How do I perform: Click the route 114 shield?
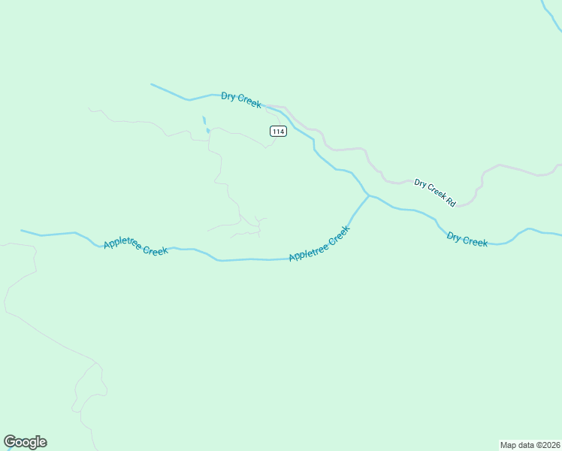click(278, 132)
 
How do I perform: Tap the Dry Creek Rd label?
click(435, 192)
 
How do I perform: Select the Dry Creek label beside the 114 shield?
click(240, 101)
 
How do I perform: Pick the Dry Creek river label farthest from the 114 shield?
click(467, 239)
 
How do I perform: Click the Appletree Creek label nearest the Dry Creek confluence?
click(319, 244)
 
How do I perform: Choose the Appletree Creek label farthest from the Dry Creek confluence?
click(135, 247)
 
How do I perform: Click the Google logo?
click(25, 442)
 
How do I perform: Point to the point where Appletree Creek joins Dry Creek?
click(368, 195)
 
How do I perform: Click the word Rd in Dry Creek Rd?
click(451, 202)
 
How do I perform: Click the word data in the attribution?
click(526, 444)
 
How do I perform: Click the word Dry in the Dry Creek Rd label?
click(420, 183)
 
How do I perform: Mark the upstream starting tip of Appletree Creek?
click(22, 231)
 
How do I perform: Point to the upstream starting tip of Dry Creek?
click(152, 84)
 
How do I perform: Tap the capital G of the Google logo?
click(10, 442)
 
